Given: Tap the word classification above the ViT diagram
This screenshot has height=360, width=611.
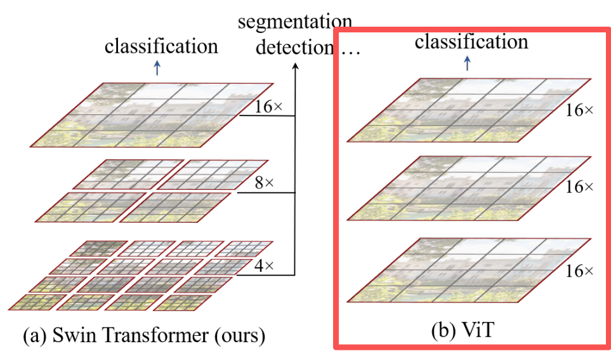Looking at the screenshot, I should (471, 42).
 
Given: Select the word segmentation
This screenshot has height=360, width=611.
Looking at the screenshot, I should (294, 23).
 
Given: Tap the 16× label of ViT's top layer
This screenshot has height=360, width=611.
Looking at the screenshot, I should (579, 110).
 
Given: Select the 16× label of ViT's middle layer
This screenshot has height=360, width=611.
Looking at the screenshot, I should (579, 187).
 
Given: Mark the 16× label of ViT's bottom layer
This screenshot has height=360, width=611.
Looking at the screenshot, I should (579, 271).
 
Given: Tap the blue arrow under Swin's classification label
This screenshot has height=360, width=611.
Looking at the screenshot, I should (157, 69).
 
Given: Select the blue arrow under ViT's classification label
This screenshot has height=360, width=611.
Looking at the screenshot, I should (468, 63).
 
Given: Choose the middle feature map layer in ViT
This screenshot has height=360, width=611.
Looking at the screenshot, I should (470, 188).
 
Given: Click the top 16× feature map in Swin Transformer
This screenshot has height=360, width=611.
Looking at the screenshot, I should (155, 115).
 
